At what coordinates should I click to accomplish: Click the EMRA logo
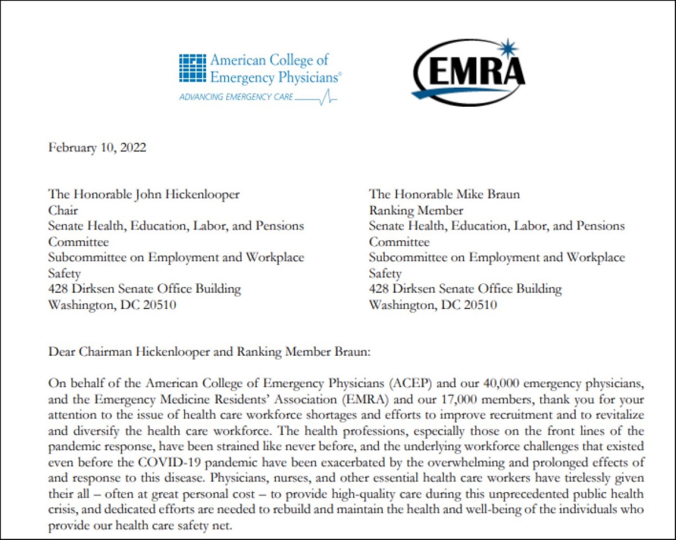pyautogui.click(x=469, y=73)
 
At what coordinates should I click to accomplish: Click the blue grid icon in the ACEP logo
pyautogui.click(x=192, y=68)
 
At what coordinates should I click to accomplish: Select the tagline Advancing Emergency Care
pyautogui.click(x=236, y=97)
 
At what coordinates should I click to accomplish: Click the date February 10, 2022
pyautogui.click(x=97, y=147)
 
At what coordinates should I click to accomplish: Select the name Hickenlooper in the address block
pyautogui.click(x=202, y=194)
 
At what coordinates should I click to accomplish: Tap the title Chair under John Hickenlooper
pyautogui.click(x=63, y=210)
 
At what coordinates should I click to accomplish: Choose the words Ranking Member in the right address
pyautogui.click(x=416, y=210)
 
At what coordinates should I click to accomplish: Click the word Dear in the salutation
pyautogui.click(x=61, y=352)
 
